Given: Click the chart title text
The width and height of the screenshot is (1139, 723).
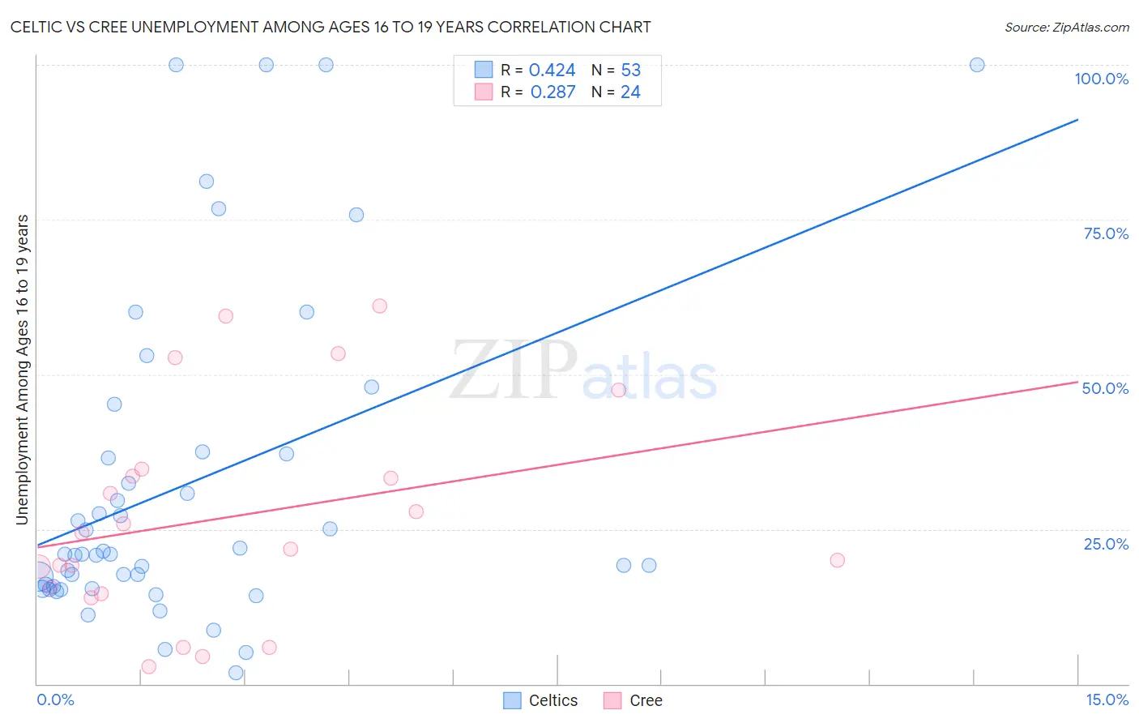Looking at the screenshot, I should [331, 27].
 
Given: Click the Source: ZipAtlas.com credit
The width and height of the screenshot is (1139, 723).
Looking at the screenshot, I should [1066, 27].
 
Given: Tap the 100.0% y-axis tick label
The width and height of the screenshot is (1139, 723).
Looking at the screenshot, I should [1101, 79].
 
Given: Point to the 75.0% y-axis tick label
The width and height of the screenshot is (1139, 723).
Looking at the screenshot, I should [1106, 233].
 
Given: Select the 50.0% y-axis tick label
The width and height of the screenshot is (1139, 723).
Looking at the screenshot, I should [1105, 388].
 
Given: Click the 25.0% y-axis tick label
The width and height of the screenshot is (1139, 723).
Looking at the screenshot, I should [1106, 543].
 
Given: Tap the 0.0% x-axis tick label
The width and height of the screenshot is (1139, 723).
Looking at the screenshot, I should [55, 699].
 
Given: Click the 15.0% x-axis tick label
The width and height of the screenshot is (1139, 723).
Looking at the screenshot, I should [1107, 699].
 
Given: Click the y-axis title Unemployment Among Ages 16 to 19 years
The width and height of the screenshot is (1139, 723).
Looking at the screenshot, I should [23, 370].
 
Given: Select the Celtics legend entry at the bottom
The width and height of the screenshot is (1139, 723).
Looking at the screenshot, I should [541, 700].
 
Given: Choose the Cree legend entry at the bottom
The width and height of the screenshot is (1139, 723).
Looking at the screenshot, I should [634, 700].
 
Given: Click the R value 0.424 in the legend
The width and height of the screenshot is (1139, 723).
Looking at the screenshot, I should [552, 71].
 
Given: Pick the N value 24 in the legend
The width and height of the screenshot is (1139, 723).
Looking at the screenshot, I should [630, 92].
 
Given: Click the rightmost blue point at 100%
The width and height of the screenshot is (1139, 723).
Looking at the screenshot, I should [977, 65].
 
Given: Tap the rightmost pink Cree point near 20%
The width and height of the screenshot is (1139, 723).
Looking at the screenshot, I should [838, 560].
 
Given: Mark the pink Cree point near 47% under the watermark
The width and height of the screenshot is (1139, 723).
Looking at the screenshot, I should [619, 390].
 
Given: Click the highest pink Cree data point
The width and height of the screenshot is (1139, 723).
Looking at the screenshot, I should [379, 306].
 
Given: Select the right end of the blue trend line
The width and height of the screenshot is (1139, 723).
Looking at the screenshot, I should [1077, 120].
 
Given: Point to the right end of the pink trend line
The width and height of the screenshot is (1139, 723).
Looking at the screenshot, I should [1077, 381].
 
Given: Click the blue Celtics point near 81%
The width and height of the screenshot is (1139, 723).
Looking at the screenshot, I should [207, 182].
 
